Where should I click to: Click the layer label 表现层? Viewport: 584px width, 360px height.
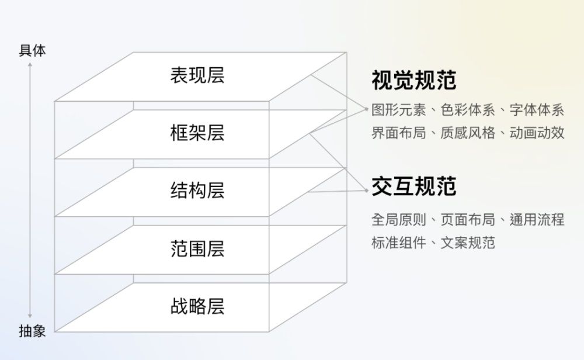click(197, 75)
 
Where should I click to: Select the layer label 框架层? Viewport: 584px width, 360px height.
click(197, 133)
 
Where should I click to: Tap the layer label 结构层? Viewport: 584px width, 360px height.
click(197, 191)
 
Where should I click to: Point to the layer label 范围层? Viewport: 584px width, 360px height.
click(197, 248)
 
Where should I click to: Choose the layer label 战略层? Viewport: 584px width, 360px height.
click(197, 306)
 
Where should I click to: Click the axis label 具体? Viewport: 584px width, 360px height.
click(32, 51)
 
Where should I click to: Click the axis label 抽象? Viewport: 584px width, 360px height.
click(32, 331)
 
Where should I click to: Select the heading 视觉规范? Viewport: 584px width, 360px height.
click(414, 80)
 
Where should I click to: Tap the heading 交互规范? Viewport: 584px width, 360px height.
click(414, 186)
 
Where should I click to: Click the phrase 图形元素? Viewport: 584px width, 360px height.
click(398, 110)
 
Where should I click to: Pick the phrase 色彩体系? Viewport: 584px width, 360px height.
click(468, 110)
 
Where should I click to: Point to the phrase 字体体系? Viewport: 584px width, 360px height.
click(537, 110)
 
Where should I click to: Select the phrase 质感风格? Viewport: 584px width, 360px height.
click(468, 133)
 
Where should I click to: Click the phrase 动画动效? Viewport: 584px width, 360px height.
click(537, 133)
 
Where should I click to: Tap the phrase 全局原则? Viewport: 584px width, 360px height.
click(398, 220)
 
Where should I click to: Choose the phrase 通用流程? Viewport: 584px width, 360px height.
click(537, 220)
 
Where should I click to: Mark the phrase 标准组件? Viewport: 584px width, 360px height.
click(398, 243)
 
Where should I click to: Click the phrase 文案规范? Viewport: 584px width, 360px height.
click(468, 243)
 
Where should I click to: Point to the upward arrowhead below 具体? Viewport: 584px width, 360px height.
click(30, 64)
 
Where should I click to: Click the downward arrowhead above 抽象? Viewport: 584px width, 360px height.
click(30, 316)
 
